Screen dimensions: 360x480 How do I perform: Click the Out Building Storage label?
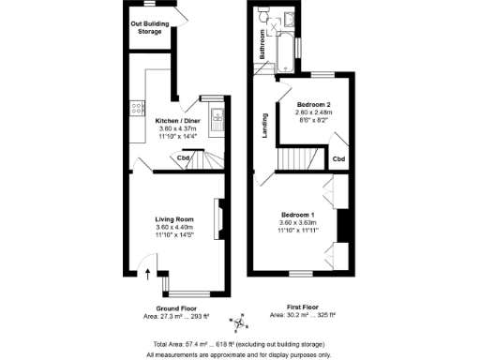pos(150,28)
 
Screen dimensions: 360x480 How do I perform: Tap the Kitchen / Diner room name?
pos(177,122)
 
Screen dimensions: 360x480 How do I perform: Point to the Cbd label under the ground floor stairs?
pos(185,157)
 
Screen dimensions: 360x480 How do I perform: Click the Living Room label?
pos(173,219)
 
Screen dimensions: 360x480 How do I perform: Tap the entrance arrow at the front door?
pos(147,274)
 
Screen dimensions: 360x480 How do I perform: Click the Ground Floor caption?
pos(176,308)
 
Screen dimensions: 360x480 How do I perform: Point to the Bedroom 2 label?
pos(315,104)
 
